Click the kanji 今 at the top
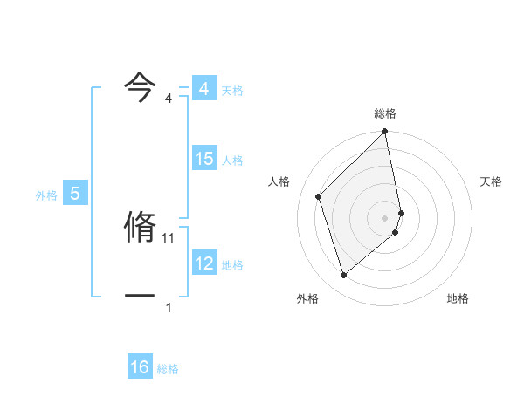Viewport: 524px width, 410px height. [x=140, y=85]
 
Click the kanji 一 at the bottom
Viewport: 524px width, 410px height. [x=140, y=295]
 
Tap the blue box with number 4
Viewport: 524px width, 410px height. [x=204, y=89]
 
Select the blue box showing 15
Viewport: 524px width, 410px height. [x=204, y=159]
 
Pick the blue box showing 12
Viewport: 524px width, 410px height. [x=204, y=263]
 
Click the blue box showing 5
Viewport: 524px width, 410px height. [x=75, y=194]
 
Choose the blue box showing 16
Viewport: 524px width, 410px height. [x=140, y=367]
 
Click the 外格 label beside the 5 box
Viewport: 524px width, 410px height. [x=46, y=195]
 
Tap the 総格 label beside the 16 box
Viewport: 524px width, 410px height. [x=168, y=369]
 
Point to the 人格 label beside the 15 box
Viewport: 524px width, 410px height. [x=232, y=161]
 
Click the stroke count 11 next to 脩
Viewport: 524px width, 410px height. [x=169, y=237]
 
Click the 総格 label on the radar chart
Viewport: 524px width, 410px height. [x=385, y=113]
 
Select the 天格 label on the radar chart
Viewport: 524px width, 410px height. [x=492, y=181]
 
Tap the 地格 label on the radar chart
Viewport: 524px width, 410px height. [x=458, y=298]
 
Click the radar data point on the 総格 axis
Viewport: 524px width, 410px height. [x=385, y=133]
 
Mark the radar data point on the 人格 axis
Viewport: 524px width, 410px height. [x=319, y=196]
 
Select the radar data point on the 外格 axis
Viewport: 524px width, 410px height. [x=344, y=276]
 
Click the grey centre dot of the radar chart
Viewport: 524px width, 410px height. [x=385, y=217]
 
